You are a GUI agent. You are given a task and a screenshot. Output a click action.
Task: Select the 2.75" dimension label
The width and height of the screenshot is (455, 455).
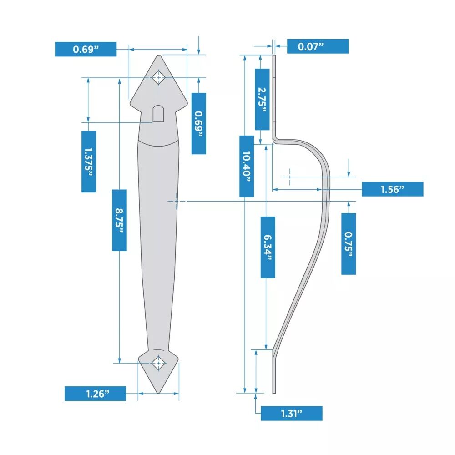point(262,99)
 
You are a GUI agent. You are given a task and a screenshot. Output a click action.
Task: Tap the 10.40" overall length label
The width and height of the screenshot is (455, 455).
point(246,166)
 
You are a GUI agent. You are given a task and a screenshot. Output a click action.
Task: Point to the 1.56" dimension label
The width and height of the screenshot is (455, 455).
point(392,189)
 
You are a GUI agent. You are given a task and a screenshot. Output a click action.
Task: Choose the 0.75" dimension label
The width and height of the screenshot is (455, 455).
point(349,244)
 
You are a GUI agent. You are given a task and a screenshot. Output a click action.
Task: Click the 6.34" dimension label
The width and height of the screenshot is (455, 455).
point(268,247)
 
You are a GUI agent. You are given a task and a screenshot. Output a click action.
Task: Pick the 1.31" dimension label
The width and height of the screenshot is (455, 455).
point(292,413)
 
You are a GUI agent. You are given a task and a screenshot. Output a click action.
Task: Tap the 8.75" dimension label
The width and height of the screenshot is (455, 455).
point(119,220)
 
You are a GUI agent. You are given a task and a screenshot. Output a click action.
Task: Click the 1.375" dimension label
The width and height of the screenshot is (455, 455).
point(89,162)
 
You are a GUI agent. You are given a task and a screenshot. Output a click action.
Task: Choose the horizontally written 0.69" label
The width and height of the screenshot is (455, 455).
point(86,49)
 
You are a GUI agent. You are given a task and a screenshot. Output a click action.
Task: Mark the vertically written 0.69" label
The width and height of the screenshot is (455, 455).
point(198,123)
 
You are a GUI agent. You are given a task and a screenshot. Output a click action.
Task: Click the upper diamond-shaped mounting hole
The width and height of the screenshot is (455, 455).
point(158,77)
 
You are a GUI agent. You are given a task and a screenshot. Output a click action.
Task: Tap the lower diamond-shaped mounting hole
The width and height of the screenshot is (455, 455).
point(158,363)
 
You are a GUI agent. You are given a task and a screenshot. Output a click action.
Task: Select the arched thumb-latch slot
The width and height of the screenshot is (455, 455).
point(158,113)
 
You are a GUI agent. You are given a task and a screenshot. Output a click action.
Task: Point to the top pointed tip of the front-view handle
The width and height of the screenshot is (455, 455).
point(158,55)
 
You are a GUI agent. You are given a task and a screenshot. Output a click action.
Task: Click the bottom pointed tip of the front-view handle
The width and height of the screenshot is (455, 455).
point(158,394)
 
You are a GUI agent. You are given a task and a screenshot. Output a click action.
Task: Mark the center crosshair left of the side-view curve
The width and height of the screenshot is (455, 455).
point(289,177)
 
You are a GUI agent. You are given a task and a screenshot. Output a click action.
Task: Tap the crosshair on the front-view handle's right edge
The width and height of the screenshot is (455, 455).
point(177,201)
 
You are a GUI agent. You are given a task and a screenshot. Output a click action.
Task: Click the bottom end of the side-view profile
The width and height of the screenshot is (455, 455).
point(274,393)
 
